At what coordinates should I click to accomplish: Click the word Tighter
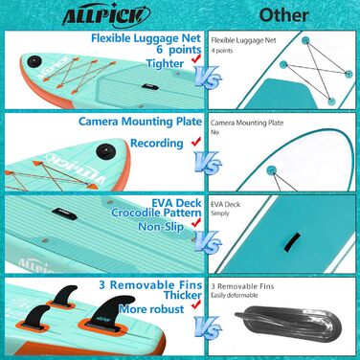pos(163,64)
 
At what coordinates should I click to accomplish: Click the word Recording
pos(155,141)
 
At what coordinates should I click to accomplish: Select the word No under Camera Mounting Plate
pos(214,135)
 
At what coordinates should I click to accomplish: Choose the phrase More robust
pos(154,311)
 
